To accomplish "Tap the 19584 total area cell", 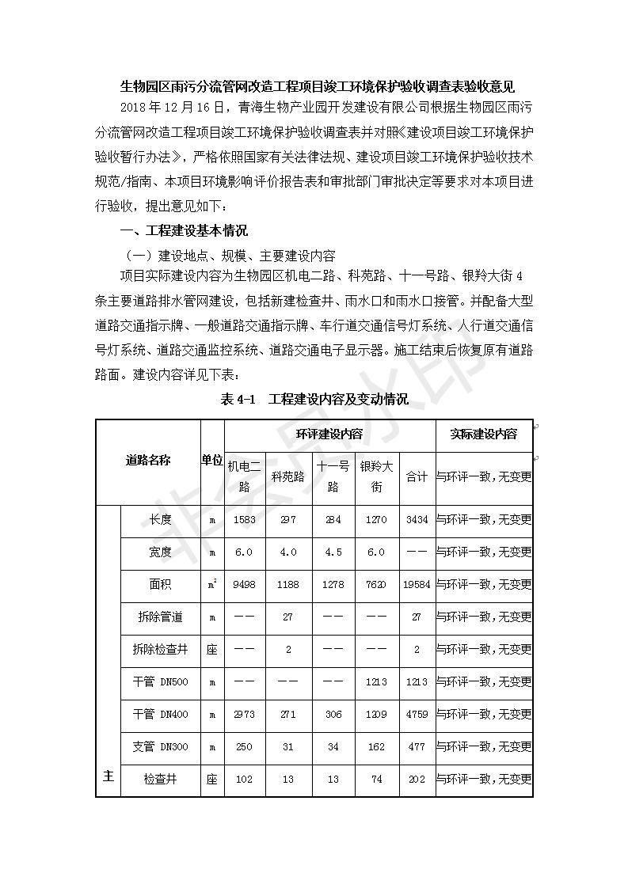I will click(417, 585).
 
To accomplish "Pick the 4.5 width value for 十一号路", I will click(333, 552).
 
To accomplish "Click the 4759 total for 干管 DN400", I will click(417, 714).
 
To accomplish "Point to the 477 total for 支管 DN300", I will click(417, 746).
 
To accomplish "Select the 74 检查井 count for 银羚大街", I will click(376, 779).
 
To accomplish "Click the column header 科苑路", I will click(288, 476).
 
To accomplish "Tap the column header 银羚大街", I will click(376, 476).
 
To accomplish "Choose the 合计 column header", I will click(417, 476).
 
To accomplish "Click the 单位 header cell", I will click(211, 460).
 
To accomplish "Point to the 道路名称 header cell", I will click(148, 460).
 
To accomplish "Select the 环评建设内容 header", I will click(329, 435).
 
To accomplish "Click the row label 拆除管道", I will click(160, 617).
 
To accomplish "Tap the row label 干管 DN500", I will click(160, 681).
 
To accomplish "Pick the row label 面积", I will click(160, 585).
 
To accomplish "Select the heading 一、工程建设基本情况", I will click(183, 231).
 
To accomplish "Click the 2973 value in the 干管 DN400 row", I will click(244, 714).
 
